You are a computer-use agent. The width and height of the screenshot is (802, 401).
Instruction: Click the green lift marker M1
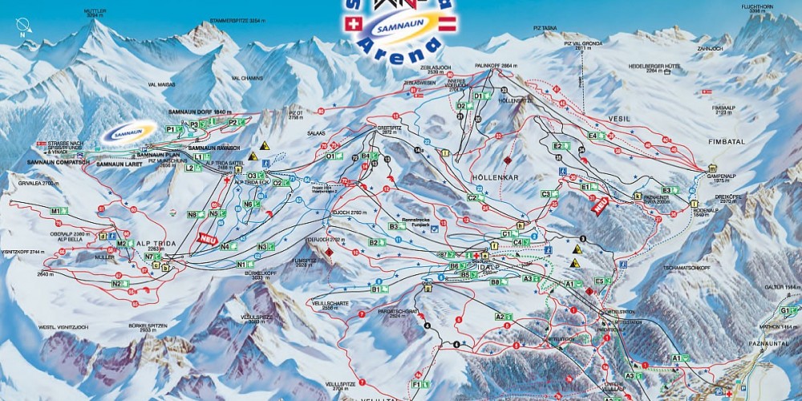[x=56, y=211]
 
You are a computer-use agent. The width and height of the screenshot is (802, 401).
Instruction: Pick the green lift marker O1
[x=331, y=156]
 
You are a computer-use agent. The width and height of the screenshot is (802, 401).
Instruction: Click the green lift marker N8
[x=192, y=214]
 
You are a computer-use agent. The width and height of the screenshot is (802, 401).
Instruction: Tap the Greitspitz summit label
[x=388, y=129]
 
